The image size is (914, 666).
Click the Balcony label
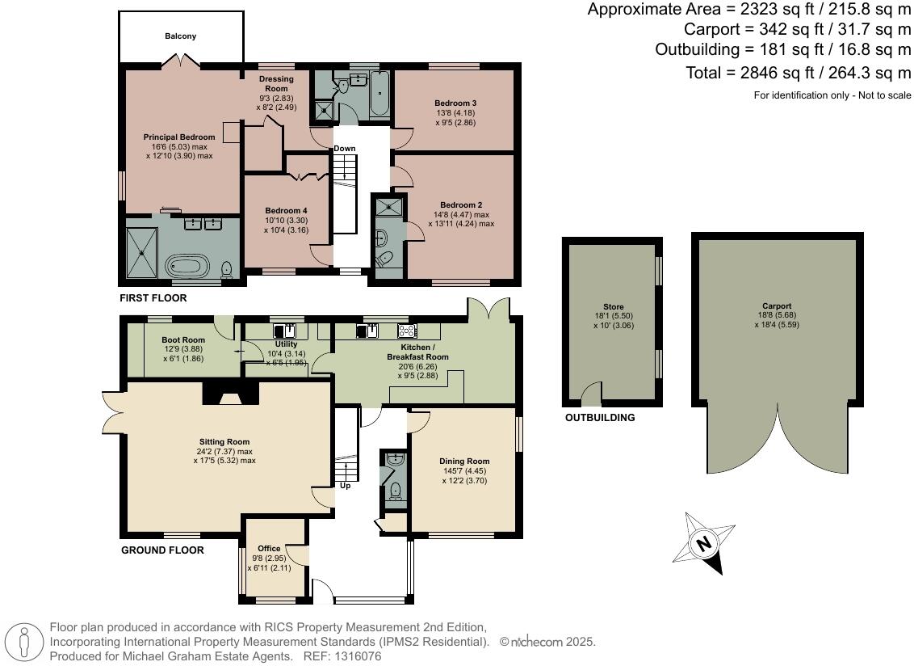point(180,36)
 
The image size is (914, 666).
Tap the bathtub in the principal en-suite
point(187,268)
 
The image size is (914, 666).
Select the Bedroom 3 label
point(455,103)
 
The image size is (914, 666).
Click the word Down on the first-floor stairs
point(345,148)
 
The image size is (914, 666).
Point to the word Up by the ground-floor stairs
point(345,486)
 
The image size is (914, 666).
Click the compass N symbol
point(704,543)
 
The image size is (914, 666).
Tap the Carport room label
point(777,306)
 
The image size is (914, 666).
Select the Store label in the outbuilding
point(613,306)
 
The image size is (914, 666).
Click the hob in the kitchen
point(407,331)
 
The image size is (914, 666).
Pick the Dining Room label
point(464,462)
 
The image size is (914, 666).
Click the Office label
point(269,548)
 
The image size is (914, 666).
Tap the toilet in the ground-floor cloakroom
point(396,491)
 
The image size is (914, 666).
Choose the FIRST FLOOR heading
point(153,297)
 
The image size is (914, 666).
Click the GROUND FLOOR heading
point(162,550)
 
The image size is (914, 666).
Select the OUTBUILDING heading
point(600,417)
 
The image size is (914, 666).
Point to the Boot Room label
point(183,339)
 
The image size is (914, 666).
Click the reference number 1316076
point(358,656)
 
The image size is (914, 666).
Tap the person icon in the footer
point(23,642)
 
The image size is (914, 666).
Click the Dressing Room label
point(276,83)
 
